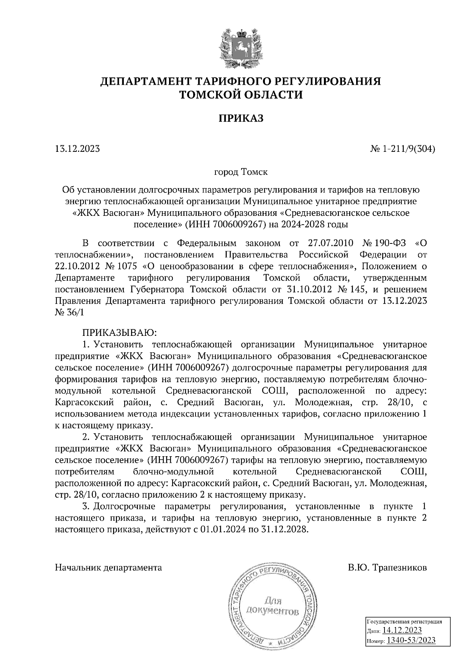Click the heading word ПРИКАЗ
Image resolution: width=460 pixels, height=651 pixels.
241,118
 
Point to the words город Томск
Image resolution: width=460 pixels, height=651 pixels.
241,172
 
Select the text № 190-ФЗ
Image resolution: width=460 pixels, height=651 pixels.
384,243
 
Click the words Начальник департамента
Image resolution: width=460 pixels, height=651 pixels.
108,567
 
